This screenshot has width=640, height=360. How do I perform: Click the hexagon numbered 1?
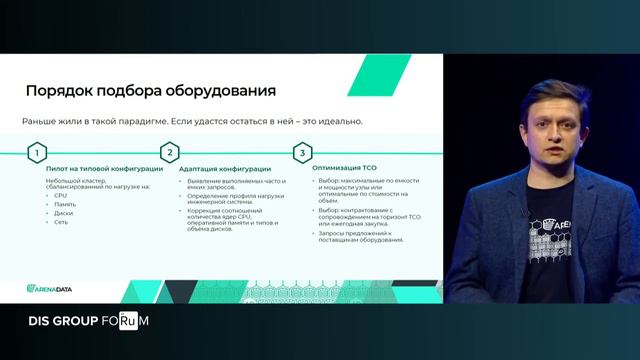[37, 153]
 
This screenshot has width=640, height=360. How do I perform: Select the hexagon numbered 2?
[170, 153]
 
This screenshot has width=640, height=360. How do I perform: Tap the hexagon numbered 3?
[301, 153]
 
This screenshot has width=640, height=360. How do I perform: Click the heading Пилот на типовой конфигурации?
[97, 170]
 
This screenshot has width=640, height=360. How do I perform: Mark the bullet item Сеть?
[61, 221]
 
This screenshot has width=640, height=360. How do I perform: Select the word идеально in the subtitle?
[339, 121]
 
